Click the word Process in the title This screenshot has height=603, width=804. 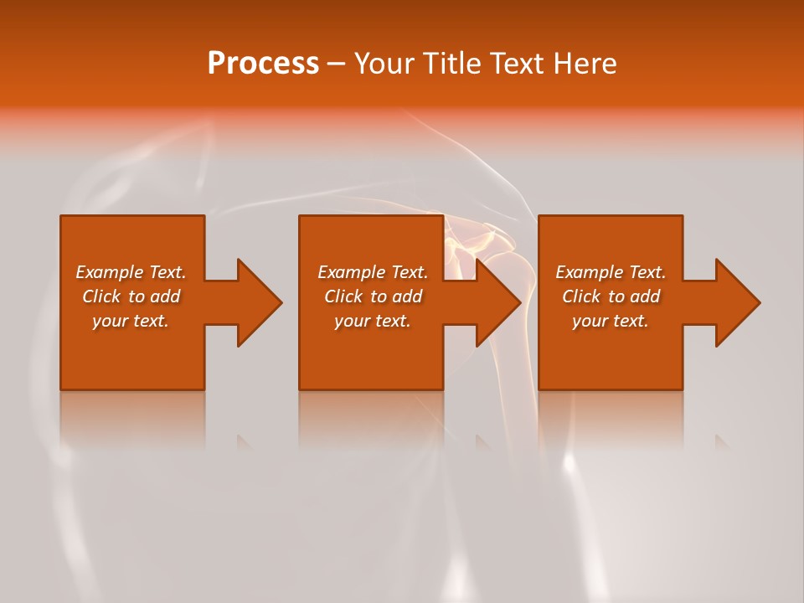[x=263, y=64]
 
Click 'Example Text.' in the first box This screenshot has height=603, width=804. [x=131, y=272]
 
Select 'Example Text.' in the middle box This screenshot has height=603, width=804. [x=373, y=272]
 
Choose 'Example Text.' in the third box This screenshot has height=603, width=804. [x=611, y=272]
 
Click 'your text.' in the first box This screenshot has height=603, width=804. [x=131, y=321]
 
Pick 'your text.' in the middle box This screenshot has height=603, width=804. [x=373, y=321]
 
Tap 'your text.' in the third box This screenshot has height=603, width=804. [x=611, y=321]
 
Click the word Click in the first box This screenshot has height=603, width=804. [x=101, y=296]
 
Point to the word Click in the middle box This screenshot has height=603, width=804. [x=343, y=296]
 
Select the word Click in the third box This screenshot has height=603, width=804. [x=581, y=296]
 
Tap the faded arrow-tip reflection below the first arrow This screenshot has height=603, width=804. [x=244, y=441]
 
